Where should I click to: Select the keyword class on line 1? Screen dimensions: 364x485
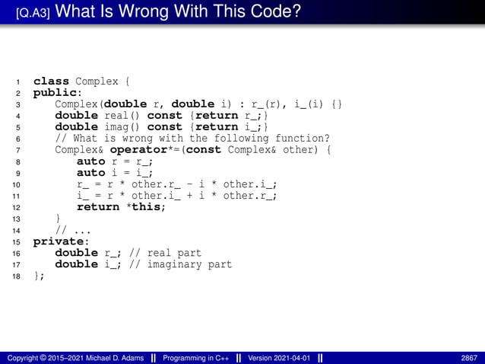(51, 81)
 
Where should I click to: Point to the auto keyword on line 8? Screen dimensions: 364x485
(90, 161)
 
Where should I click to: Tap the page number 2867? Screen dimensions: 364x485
(469, 358)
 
